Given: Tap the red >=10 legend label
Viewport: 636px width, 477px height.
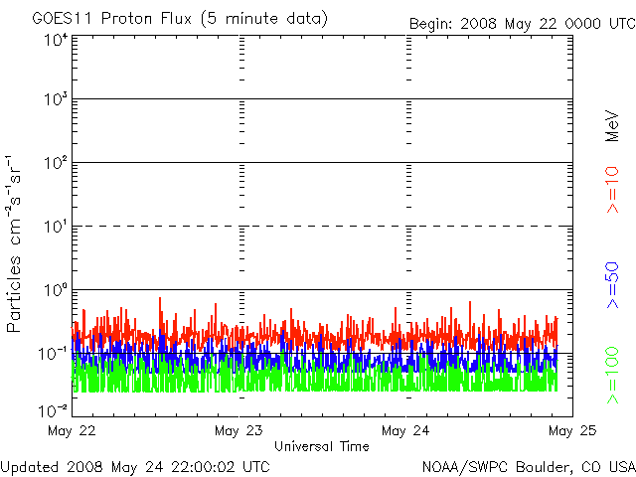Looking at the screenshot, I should [612, 191].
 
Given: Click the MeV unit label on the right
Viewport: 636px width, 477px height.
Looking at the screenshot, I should [612, 125].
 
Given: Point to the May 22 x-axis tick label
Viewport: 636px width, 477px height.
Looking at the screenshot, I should [71, 430].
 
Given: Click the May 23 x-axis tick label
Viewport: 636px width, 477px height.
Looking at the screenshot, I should [238, 430].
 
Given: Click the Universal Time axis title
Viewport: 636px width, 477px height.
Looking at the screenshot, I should [321, 446].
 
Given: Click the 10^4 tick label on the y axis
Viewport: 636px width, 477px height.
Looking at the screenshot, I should [54, 40].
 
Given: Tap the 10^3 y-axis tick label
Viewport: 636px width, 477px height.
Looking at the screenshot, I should [54, 99].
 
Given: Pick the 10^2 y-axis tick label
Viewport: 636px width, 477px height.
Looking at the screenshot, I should [54, 163].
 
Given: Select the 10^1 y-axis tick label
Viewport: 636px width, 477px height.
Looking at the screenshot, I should [54, 227].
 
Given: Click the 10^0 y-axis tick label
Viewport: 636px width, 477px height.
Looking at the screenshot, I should [54, 290].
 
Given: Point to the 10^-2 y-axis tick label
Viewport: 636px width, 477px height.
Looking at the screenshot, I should [53, 409].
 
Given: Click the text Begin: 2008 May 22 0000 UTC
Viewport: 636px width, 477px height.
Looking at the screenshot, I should [521, 23].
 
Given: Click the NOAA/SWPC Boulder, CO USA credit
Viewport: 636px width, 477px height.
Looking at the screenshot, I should [528, 465].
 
